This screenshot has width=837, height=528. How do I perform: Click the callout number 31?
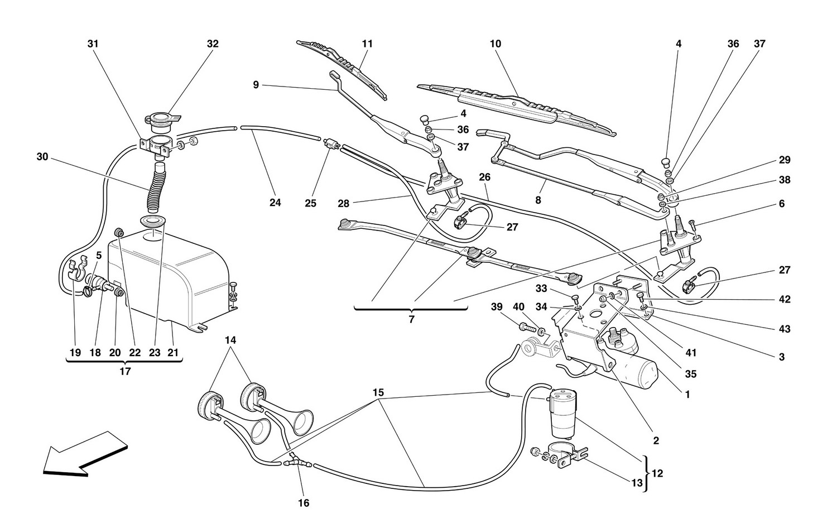(93, 44)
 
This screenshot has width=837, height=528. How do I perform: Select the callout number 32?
(213, 44)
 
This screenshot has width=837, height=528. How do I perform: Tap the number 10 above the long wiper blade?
(496, 44)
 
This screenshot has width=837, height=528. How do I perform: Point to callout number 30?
(42, 157)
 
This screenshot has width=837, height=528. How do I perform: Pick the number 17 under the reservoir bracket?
(124, 371)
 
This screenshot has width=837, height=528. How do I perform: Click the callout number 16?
(303, 503)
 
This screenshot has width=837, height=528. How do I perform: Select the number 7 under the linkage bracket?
(412, 320)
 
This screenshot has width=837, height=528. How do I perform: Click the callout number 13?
(637, 483)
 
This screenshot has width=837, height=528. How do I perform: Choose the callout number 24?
(275, 203)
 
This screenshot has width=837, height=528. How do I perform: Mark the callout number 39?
(497, 306)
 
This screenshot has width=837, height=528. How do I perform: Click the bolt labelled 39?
(525, 327)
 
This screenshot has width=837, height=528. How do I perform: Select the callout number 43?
(785, 329)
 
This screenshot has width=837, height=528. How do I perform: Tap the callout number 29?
(785, 160)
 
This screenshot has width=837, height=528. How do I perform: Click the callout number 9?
(256, 85)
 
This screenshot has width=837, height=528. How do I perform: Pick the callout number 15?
(378, 392)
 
